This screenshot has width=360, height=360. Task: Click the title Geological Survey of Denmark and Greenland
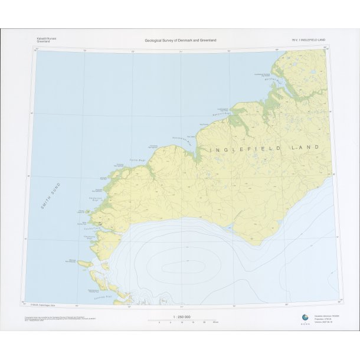coord(180,40)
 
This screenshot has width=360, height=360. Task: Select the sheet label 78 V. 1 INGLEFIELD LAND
coord(308,40)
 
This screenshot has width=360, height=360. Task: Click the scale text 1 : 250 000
coord(181,317)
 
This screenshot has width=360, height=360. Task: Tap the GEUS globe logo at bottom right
coord(304,318)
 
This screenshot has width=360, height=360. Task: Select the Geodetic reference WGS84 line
coord(326,316)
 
